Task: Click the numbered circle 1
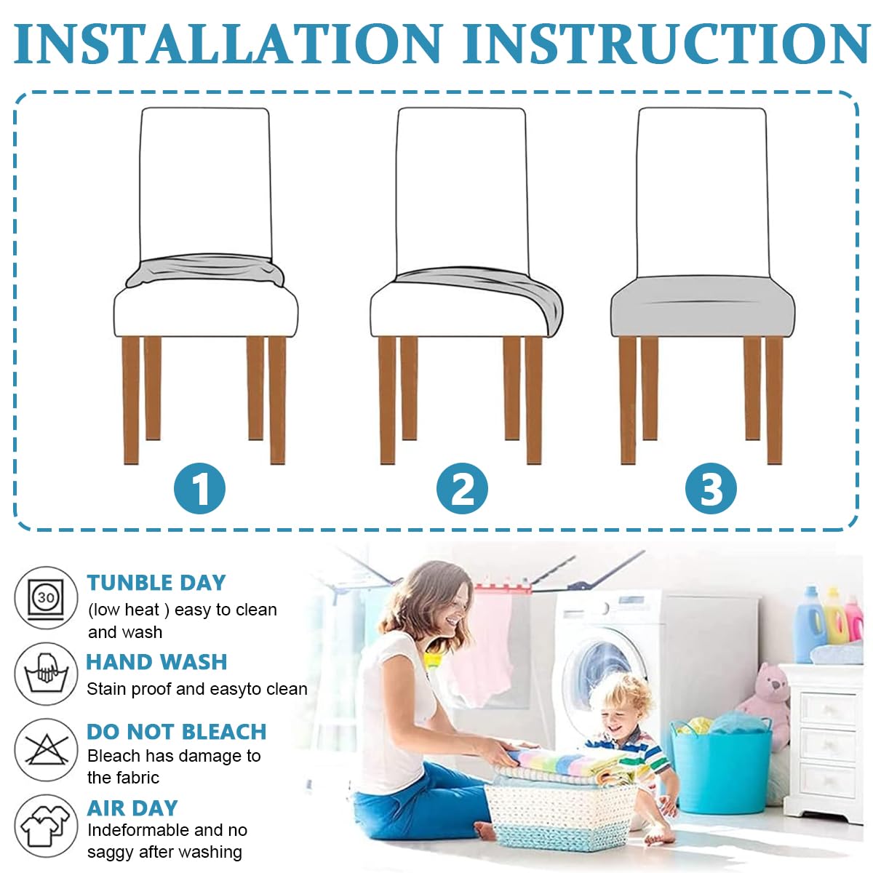pyautogui.click(x=199, y=488)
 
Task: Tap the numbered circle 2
pyautogui.click(x=462, y=488)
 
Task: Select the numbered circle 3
pyautogui.click(x=711, y=488)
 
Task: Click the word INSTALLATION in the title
pyautogui.click(x=228, y=43)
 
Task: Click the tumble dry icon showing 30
pyautogui.click(x=46, y=598)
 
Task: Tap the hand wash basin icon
pyautogui.click(x=46, y=674)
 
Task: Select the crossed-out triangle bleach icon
pyautogui.click(x=46, y=750)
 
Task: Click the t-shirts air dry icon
pyautogui.click(x=46, y=826)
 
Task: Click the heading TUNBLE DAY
pyautogui.click(x=156, y=583)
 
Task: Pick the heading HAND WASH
pyautogui.click(x=156, y=662)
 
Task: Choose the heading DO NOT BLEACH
pyautogui.click(x=177, y=732)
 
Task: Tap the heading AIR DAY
pyautogui.click(x=132, y=808)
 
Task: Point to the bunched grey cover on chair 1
pyautogui.click(x=205, y=271)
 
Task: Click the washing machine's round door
pyautogui.click(x=605, y=679)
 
